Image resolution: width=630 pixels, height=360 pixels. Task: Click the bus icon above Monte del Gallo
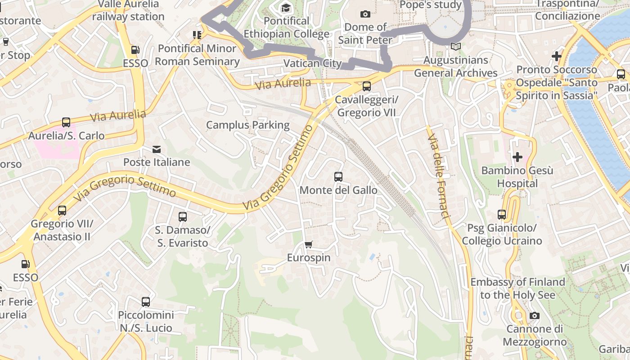click(338, 177)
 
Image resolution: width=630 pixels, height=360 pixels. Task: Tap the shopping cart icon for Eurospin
click(308, 245)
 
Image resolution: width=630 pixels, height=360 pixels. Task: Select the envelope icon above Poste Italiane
click(157, 149)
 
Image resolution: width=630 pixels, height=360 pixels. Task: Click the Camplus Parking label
click(248, 125)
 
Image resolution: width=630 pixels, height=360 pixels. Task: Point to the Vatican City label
click(313, 63)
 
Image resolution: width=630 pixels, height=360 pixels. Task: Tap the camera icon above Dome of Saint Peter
click(365, 14)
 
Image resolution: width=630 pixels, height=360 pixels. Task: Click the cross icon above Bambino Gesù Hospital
click(517, 157)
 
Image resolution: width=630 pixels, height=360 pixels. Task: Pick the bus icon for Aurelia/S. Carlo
click(66, 122)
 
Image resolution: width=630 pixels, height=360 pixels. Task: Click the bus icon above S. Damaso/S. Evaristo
click(182, 217)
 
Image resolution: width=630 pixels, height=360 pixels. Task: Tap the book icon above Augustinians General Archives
click(456, 46)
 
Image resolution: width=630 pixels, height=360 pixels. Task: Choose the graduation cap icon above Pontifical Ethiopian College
click(286, 8)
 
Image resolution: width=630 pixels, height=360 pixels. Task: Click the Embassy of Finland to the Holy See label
click(517, 288)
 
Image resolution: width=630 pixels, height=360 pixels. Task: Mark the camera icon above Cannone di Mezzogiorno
click(534, 316)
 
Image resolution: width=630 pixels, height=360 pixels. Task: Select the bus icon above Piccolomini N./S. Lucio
click(146, 301)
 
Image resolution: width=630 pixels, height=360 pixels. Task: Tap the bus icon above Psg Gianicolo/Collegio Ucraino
click(502, 215)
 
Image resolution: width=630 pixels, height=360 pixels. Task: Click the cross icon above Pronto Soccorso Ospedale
click(557, 56)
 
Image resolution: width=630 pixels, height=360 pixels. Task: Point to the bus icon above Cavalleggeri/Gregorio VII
click(367, 86)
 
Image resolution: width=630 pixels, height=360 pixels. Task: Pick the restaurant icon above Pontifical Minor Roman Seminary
click(197, 35)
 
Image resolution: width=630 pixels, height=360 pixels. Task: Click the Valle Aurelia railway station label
click(128, 10)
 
